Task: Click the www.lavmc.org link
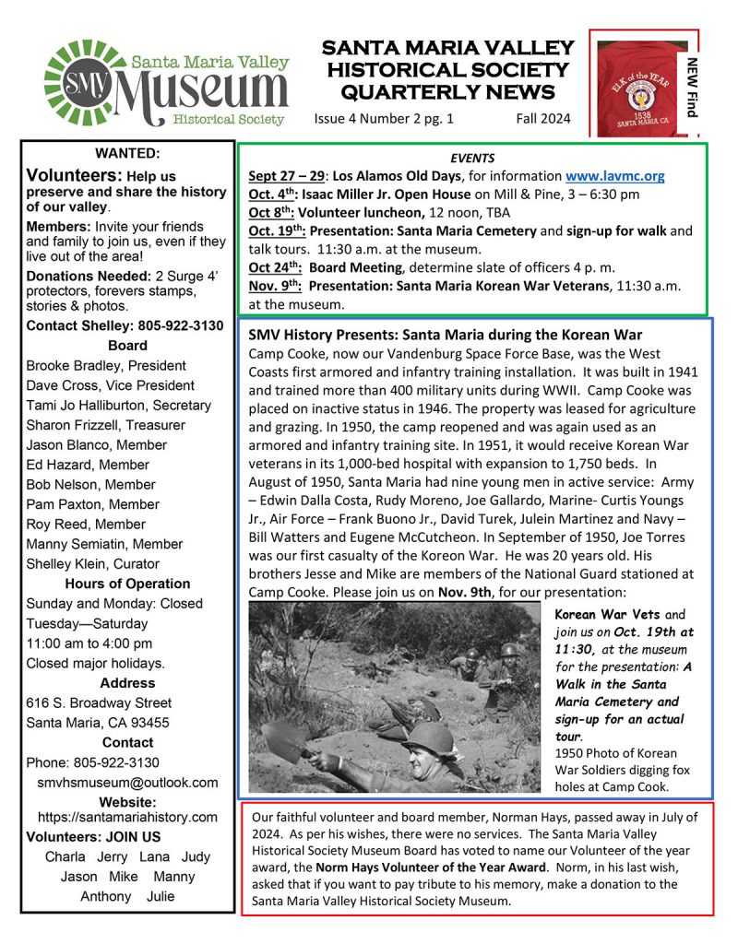click(x=615, y=176)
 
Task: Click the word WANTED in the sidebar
click(x=127, y=153)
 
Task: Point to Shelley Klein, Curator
click(x=92, y=563)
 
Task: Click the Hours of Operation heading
click(x=127, y=584)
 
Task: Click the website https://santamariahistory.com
click(x=127, y=817)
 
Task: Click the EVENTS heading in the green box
click(x=472, y=159)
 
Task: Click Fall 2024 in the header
click(x=543, y=118)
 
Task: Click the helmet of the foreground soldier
click(x=427, y=737)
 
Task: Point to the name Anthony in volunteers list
click(x=106, y=896)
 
